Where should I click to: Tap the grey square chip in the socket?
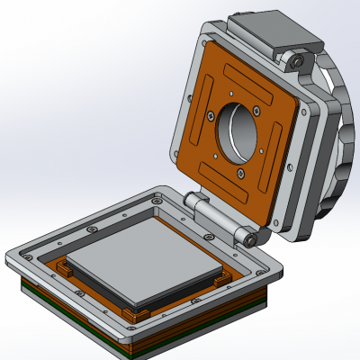144,269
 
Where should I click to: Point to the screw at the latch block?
295,61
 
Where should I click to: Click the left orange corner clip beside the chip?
64,268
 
